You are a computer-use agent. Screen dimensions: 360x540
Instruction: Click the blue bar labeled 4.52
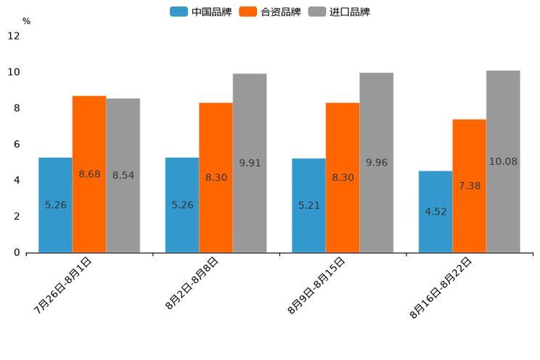[x=435, y=212]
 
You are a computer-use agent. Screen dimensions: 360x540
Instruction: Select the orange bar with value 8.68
[x=89, y=174]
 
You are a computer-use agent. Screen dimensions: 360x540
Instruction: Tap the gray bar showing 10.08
[x=503, y=161]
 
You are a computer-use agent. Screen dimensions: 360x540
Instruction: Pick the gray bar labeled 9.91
[x=250, y=163]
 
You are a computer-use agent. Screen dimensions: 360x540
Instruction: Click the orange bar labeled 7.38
[x=469, y=186]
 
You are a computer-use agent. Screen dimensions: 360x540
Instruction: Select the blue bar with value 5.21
[x=308, y=205]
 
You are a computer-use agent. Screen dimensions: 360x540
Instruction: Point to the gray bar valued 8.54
[x=123, y=176]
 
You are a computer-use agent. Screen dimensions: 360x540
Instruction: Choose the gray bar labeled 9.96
[x=376, y=163]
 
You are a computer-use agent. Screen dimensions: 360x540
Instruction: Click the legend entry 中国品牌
[x=201, y=12]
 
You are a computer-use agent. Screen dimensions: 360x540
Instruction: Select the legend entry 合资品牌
[x=271, y=12]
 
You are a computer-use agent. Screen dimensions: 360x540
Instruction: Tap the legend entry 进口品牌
[x=340, y=12]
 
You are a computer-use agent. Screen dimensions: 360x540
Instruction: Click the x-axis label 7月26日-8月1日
[x=63, y=285]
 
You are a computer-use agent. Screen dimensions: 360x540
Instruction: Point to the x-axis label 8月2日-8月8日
[x=192, y=283]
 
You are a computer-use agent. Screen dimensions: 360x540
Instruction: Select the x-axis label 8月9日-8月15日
[x=316, y=285]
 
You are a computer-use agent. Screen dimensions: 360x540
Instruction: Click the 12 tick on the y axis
[x=14, y=36]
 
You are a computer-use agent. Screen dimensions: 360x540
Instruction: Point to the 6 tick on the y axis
[x=16, y=144]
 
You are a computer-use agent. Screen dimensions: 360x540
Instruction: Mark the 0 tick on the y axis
[x=16, y=253]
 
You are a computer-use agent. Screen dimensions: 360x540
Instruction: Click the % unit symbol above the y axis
[x=26, y=21]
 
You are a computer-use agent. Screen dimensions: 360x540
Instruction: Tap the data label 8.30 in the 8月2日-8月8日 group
[x=216, y=177]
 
